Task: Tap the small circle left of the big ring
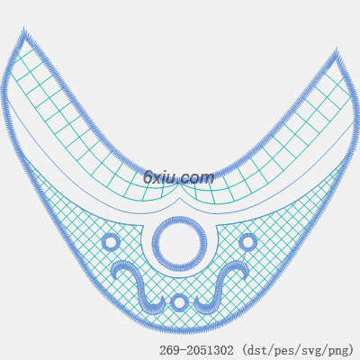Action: [x=111, y=242]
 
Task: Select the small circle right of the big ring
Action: [x=247, y=242]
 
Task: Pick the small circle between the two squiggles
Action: [x=179, y=302]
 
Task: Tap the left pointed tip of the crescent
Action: [x=23, y=29]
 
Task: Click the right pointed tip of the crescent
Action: [x=336, y=49]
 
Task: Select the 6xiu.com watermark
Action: [x=179, y=177]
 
